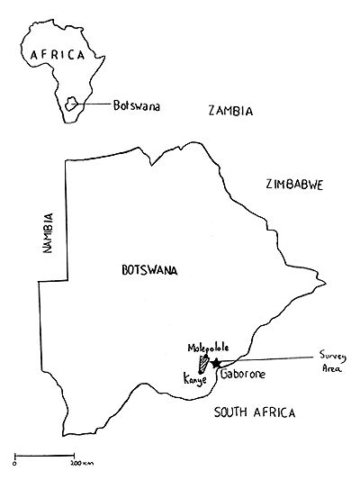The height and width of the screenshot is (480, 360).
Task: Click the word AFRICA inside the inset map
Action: coord(58,54)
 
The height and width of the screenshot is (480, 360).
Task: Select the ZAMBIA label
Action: coord(230,112)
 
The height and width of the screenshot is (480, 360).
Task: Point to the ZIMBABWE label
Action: coord(294,184)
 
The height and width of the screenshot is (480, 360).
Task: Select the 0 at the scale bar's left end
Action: coord(15,463)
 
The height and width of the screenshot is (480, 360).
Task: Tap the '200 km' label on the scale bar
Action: coord(82,463)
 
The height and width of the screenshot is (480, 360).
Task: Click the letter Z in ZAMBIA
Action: coord(211,112)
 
